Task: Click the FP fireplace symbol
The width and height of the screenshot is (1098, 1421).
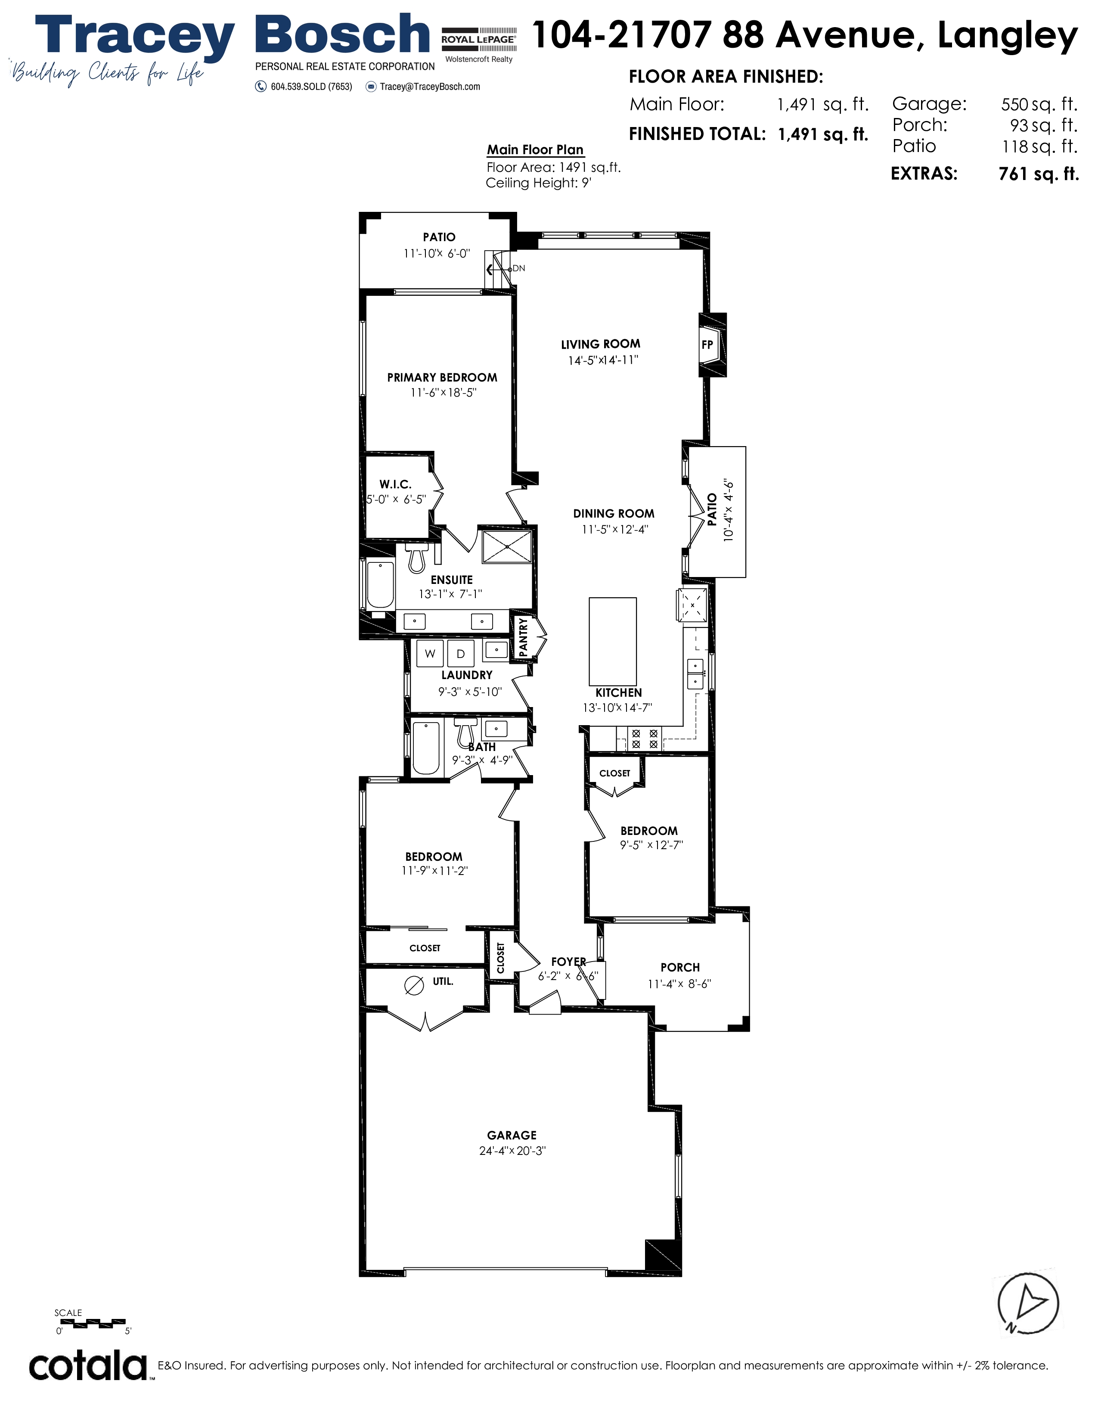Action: pyautogui.click(x=712, y=345)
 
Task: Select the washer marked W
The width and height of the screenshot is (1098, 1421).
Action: pyautogui.click(x=430, y=653)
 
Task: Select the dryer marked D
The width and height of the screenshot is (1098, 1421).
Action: pyautogui.click(x=461, y=653)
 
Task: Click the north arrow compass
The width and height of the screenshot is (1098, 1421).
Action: pyautogui.click(x=1028, y=1304)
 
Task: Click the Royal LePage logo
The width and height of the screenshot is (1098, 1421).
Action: pyautogui.click(x=479, y=44)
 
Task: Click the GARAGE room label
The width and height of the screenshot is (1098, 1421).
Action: pyautogui.click(x=512, y=1136)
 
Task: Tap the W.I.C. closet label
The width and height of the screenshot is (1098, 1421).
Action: pyautogui.click(x=395, y=484)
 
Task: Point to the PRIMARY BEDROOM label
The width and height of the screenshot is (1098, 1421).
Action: pyautogui.click(x=442, y=377)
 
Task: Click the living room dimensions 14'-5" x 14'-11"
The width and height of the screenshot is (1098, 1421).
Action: pyautogui.click(x=603, y=360)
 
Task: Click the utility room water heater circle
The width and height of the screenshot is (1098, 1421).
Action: pyautogui.click(x=414, y=987)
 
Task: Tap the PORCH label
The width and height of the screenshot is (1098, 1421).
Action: pyautogui.click(x=680, y=968)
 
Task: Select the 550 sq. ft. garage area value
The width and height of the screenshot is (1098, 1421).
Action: pyautogui.click(x=1039, y=104)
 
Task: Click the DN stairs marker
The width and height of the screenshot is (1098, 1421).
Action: pyautogui.click(x=518, y=268)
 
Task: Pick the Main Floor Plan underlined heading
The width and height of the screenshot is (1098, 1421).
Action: pyautogui.click(x=535, y=150)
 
